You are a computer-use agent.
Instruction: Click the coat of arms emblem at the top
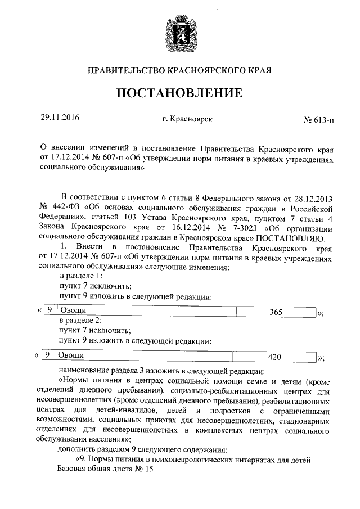179,32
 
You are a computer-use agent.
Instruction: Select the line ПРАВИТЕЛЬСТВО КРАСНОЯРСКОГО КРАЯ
179,71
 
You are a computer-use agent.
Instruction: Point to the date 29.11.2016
60,118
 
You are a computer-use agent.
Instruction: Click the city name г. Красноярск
187,119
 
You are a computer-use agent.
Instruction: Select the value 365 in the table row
276,312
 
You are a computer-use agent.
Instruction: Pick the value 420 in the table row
274,357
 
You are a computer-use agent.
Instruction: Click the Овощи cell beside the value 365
72,312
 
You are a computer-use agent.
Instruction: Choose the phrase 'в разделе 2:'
81,321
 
